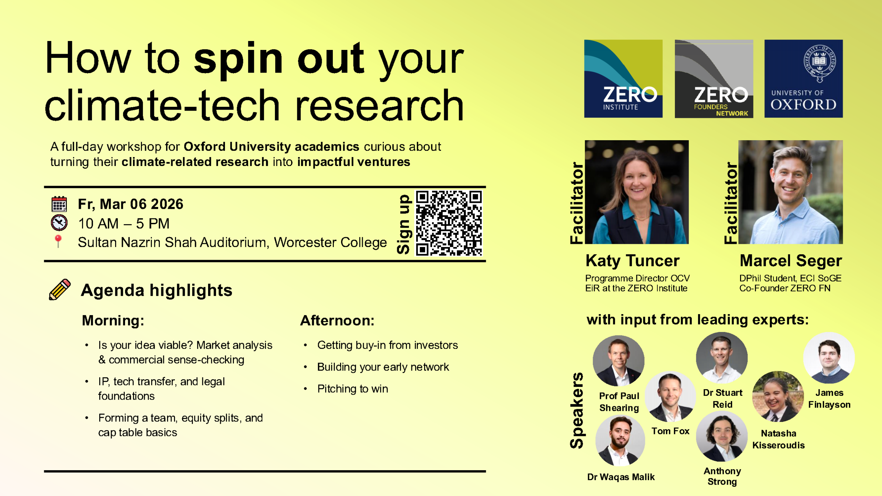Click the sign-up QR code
click(x=449, y=223)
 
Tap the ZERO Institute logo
click(x=623, y=79)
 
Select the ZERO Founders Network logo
click(x=714, y=79)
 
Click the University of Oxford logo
click(x=803, y=79)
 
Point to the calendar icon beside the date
click(x=59, y=204)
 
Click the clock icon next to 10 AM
click(x=59, y=223)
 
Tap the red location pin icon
click(x=58, y=241)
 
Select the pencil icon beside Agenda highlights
click(x=60, y=289)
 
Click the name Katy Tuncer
click(x=633, y=261)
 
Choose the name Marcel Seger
click(x=791, y=261)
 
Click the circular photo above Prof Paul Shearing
click(x=619, y=361)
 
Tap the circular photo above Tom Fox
click(x=670, y=397)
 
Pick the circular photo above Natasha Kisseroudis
click(x=778, y=396)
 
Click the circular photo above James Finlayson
click(x=829, y=358)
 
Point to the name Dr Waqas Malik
click(x=621, y=477)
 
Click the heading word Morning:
click(x=113, y=321)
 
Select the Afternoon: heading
click(x=337, y=321)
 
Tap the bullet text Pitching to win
click(x=352, y=389)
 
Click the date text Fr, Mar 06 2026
click(x=131, y=204)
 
